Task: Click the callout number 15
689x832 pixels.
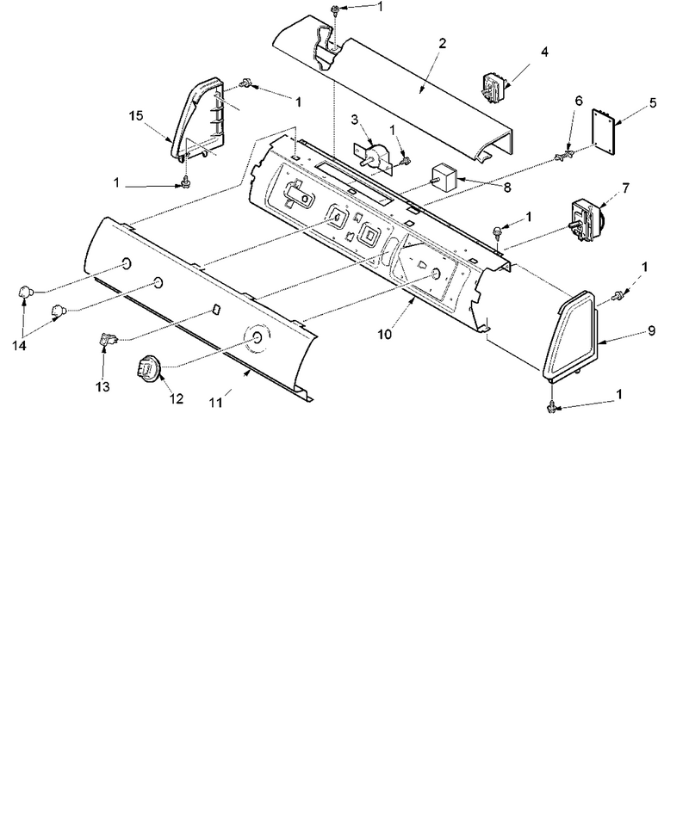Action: pyautogui.click(x=136, y=115)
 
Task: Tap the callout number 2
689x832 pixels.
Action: pyautogui.click(x=443, y=44)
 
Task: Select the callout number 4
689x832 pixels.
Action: pyautogui.click(x=544, y=52)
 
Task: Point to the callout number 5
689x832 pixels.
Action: pyautogui.click(x=653, y=102)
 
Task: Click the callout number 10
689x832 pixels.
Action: pyautogui.click(x=385, y=335)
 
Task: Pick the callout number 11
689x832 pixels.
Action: pyautogui.click(x=215, y=403)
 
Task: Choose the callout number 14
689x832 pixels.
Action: pyautogui.click(x=20, y=346)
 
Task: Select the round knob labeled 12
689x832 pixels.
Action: pyautogui.click(x=148, y=367)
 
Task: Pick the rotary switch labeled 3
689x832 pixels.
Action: pyautogui.click(x=375, y=156)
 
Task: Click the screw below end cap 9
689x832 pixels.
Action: pyautogui.click(x=552, y=406)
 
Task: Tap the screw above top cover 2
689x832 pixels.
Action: pyautogui.click(x=335, y=9)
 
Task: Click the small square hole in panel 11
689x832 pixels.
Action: pyautogui.click(x=216, y=309)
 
